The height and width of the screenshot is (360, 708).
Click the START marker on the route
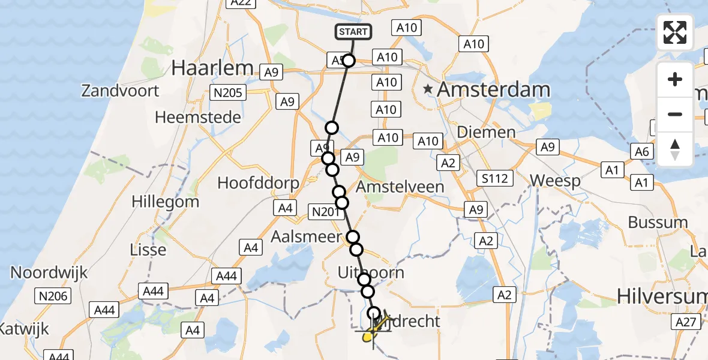353,32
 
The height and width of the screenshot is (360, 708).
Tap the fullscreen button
675,32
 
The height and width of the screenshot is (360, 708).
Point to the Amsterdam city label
493,90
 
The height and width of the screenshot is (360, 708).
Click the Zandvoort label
121,91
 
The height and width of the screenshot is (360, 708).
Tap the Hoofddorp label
258,183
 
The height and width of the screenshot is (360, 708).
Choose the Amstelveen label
400,187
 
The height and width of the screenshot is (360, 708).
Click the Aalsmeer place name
306,236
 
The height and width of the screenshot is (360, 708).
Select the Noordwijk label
49,272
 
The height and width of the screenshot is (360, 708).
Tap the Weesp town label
555,181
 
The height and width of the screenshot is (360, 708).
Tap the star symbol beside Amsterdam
428,90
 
